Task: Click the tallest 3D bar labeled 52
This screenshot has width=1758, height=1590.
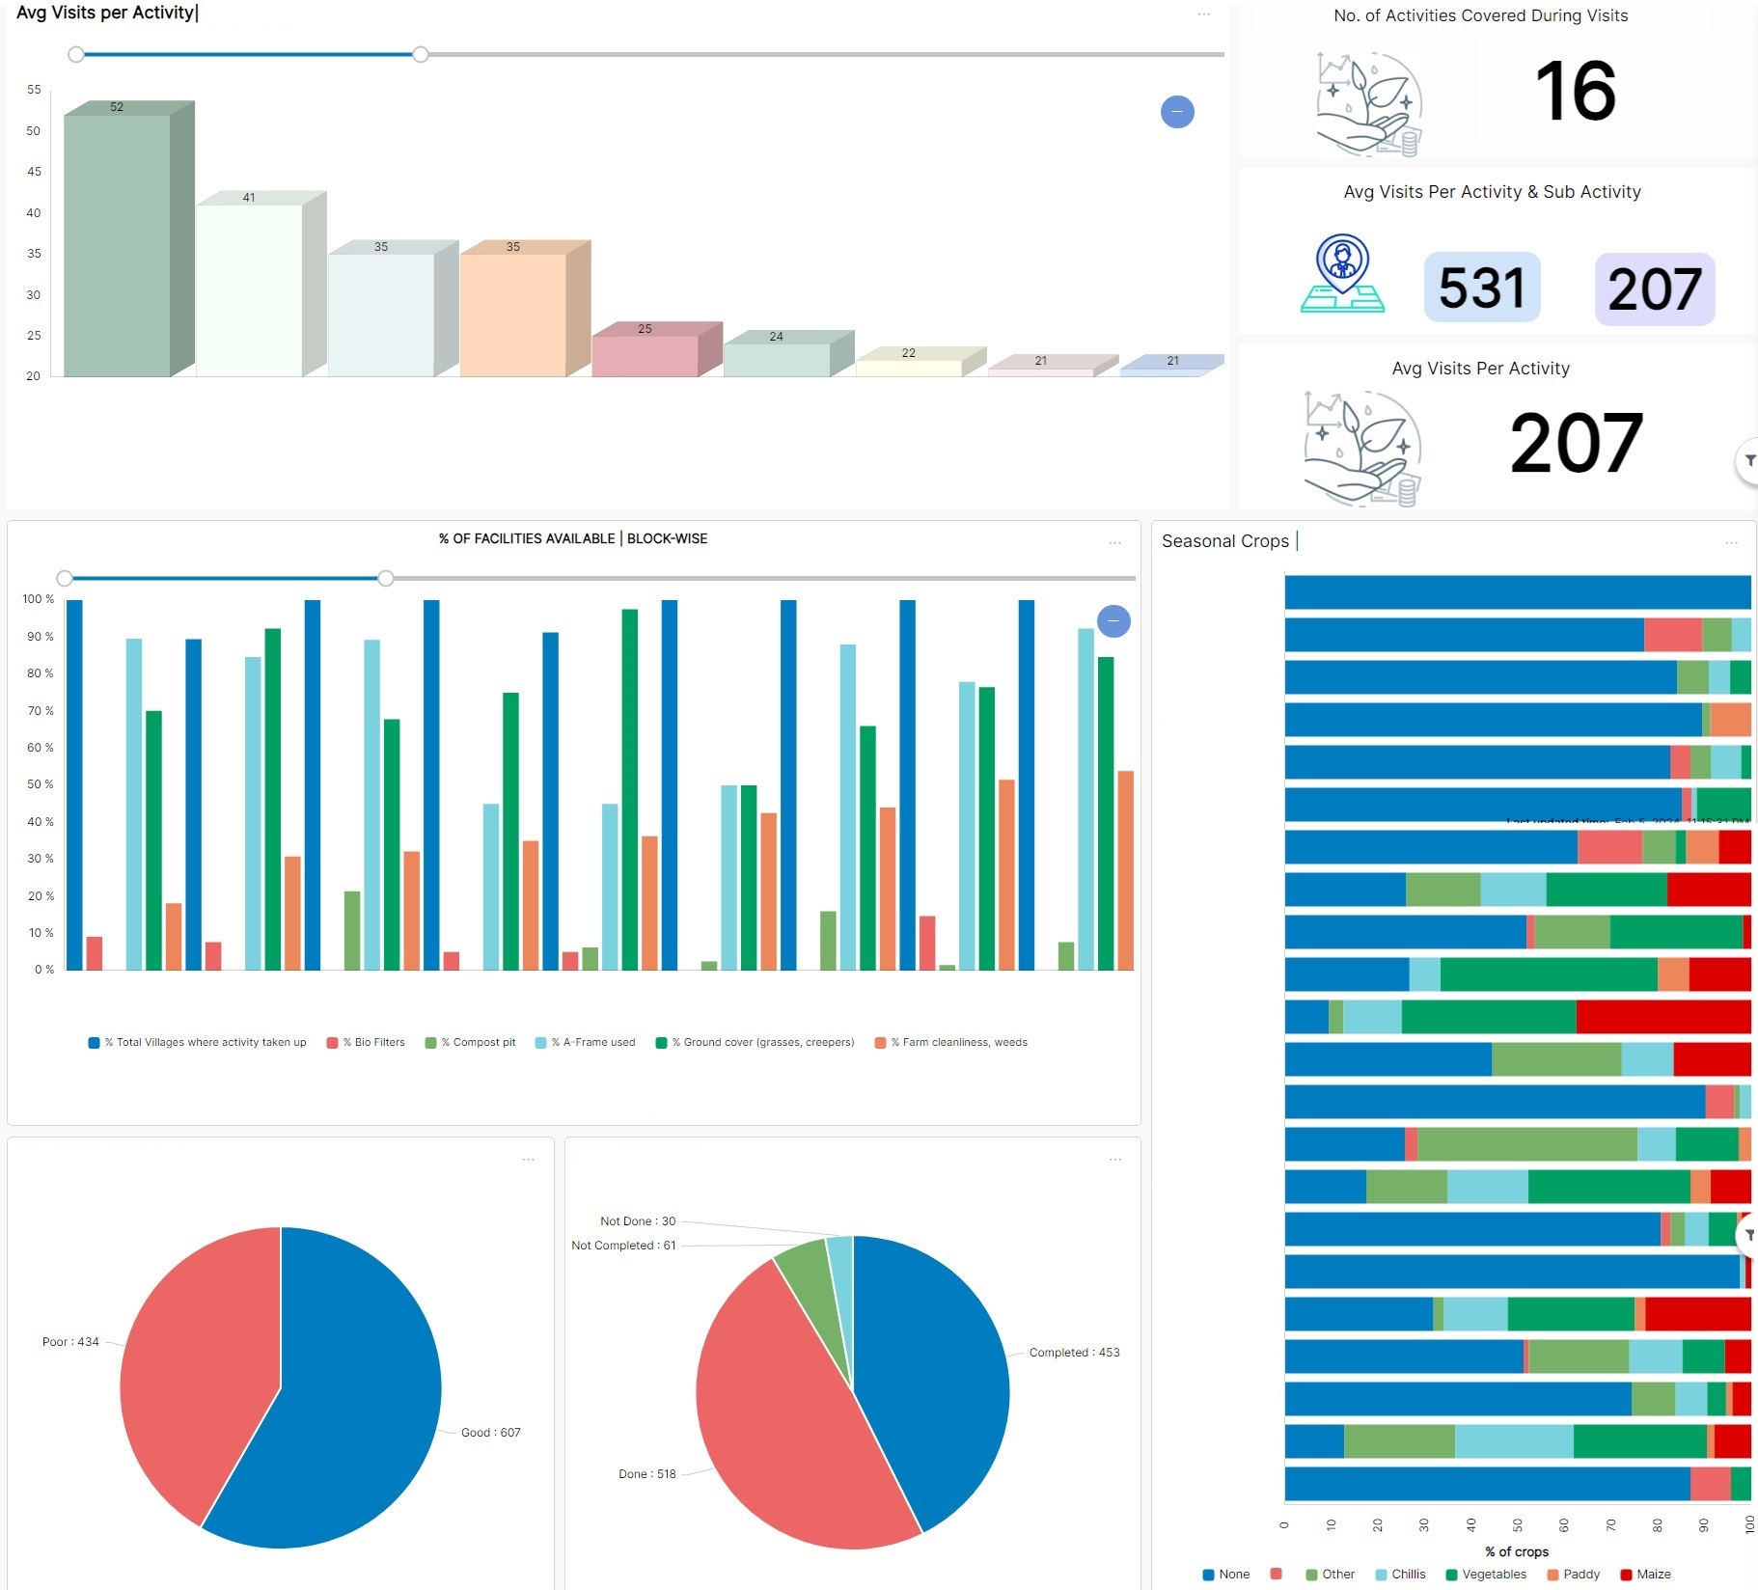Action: (118, 241)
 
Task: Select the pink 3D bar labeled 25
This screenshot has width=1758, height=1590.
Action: (645, 354)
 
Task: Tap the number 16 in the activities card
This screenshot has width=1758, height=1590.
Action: (1575, 91)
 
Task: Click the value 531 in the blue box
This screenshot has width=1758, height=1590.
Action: (1481, 288)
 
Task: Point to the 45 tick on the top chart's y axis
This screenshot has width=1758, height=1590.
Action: (34, 172)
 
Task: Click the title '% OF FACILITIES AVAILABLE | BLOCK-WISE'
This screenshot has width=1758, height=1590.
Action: (573, 538)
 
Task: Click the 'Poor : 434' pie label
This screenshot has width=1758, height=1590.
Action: (70, 1341)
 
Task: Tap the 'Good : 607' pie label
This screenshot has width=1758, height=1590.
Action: (490, 1432)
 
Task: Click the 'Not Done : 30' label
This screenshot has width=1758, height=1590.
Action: (638, 1220)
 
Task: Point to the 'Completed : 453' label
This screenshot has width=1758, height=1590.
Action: (1074, 1352)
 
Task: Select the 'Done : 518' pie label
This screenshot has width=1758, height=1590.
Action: (646, 1473)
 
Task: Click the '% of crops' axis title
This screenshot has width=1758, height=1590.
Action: (1517, 1551)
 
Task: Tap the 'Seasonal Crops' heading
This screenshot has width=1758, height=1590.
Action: (1224, 541)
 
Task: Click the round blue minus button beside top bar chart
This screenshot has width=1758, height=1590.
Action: (1177, 112)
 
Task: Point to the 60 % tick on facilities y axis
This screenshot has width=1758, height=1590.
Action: (40, 748)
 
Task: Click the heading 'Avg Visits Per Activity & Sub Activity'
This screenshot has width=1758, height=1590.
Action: (1492, 192)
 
